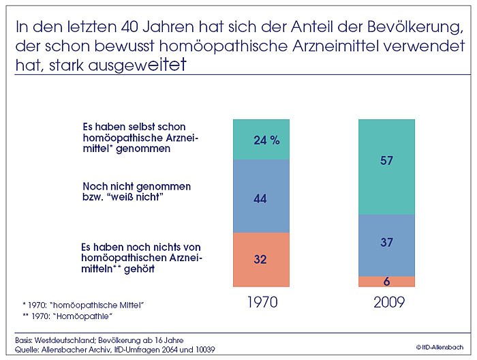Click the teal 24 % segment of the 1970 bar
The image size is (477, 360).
pyautogui.click(x=261, y=140)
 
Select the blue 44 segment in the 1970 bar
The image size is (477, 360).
pyautogui.click(x=261, y=198)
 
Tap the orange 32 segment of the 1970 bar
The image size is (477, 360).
pyautogui.click(x=261, y=260)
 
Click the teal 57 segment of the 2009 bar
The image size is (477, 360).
pyautogui.click(x=386, y=161)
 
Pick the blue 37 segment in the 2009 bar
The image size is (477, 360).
pyautogui.click(x=386, y=243)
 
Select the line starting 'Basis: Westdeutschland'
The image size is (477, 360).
pyautogui.click(x=99, y=340)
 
